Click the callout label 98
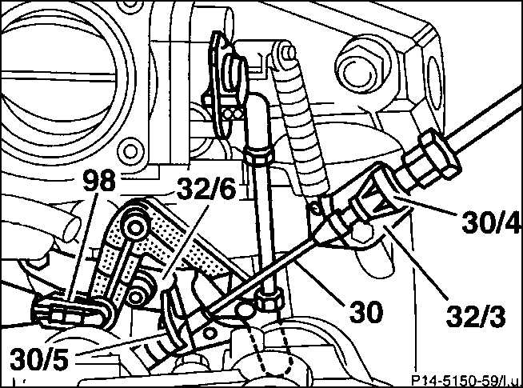99,181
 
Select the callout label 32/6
206,189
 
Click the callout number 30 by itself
366,312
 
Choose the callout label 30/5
39,358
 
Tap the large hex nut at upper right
362,70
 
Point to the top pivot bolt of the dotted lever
135,228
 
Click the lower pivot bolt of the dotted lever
137,296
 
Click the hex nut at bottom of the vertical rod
269,298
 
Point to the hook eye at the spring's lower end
316,208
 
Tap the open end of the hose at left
71,228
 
